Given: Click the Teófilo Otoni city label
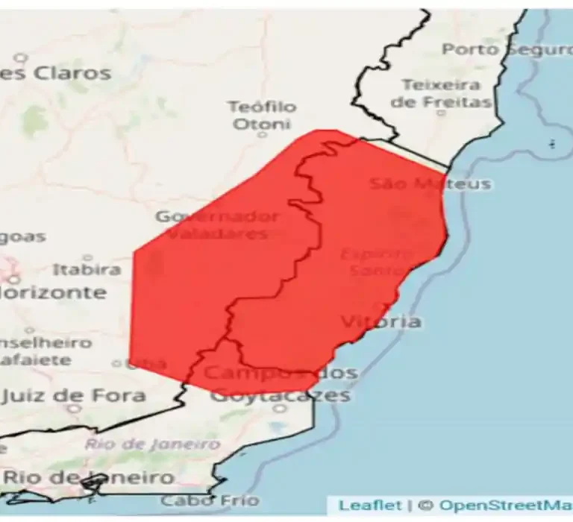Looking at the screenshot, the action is coord(261,116).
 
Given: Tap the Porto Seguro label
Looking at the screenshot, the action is coord(507,49).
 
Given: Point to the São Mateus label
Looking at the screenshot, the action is coord(430,183).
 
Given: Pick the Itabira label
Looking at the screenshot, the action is coord(87,268).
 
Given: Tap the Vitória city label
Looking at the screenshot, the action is coord(381,321).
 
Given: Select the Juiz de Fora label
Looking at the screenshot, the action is coord(73,394).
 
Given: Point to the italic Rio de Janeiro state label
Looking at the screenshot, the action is coord(152,444).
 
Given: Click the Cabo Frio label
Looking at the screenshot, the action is coord(210,500).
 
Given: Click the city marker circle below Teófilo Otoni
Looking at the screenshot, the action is coord(262,135).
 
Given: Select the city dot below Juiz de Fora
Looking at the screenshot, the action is coord(73,409).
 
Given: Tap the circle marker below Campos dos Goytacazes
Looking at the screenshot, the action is coord(280,408).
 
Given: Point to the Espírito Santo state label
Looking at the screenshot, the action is coord(376,262).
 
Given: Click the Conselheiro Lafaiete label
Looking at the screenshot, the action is coord(45,351).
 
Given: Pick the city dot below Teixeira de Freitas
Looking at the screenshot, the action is coord(440,113).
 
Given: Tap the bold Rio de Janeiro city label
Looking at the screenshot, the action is coord(88,477).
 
